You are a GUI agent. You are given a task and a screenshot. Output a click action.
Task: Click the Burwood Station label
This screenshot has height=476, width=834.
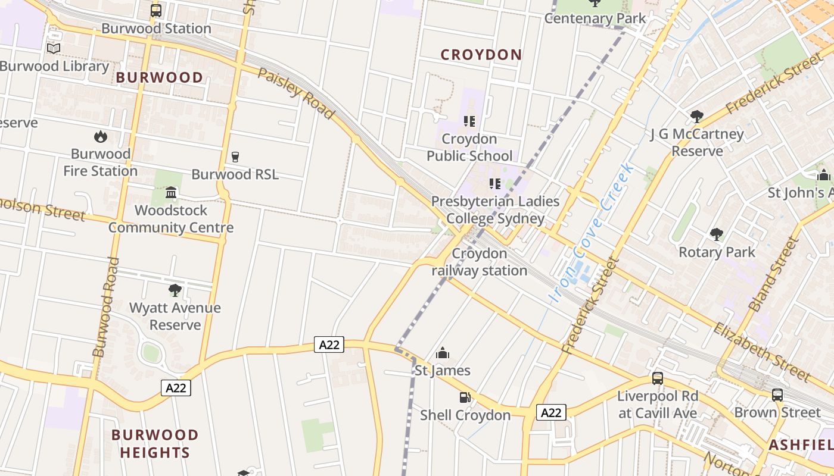[x=156, y=29]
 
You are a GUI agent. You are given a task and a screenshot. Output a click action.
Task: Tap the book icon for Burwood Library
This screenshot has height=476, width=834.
[x=54, y=49]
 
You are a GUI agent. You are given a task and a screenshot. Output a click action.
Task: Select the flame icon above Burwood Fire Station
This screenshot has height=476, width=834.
[x=101, y=137]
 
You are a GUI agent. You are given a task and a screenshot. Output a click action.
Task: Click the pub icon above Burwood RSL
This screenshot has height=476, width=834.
[x=235, y=157]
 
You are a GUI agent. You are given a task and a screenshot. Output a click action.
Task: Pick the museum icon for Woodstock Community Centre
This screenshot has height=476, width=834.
[x=171, y=193]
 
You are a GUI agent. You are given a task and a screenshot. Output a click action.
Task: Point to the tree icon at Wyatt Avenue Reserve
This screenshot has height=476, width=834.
[x=175, y=290]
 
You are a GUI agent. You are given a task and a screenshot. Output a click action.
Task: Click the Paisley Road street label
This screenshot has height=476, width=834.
[x=296, y=93]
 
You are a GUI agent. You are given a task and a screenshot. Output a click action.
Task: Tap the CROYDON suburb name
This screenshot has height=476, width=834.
[x=481, y=55]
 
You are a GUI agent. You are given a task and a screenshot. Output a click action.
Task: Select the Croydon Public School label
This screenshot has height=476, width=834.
[x=469, y=148]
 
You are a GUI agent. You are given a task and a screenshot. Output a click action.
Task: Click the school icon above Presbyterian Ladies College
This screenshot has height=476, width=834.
[x=494, y=184]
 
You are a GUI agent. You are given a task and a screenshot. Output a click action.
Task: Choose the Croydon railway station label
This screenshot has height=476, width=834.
[x=480, y=262]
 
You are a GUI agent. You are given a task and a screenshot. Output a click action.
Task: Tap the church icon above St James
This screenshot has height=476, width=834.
[x=442, y=353]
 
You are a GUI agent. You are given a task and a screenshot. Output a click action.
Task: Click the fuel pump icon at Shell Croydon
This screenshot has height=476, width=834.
[x=465, y=397]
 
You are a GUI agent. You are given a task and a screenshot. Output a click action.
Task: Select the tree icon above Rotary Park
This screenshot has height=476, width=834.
[x=717, y=234]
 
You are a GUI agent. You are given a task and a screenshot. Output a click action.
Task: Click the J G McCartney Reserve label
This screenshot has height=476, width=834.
[x=697, y=142]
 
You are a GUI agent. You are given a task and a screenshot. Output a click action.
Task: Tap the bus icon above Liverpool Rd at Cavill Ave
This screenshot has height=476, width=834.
[x=657, y=378]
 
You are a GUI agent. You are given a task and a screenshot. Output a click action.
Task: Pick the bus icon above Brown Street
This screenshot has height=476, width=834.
[x=777, y=394]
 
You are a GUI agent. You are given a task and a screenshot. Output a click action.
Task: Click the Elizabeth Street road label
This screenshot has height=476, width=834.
[x=762, y=352]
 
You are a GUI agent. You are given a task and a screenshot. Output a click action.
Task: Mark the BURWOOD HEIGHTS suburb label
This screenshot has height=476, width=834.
[x=155, y=443]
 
